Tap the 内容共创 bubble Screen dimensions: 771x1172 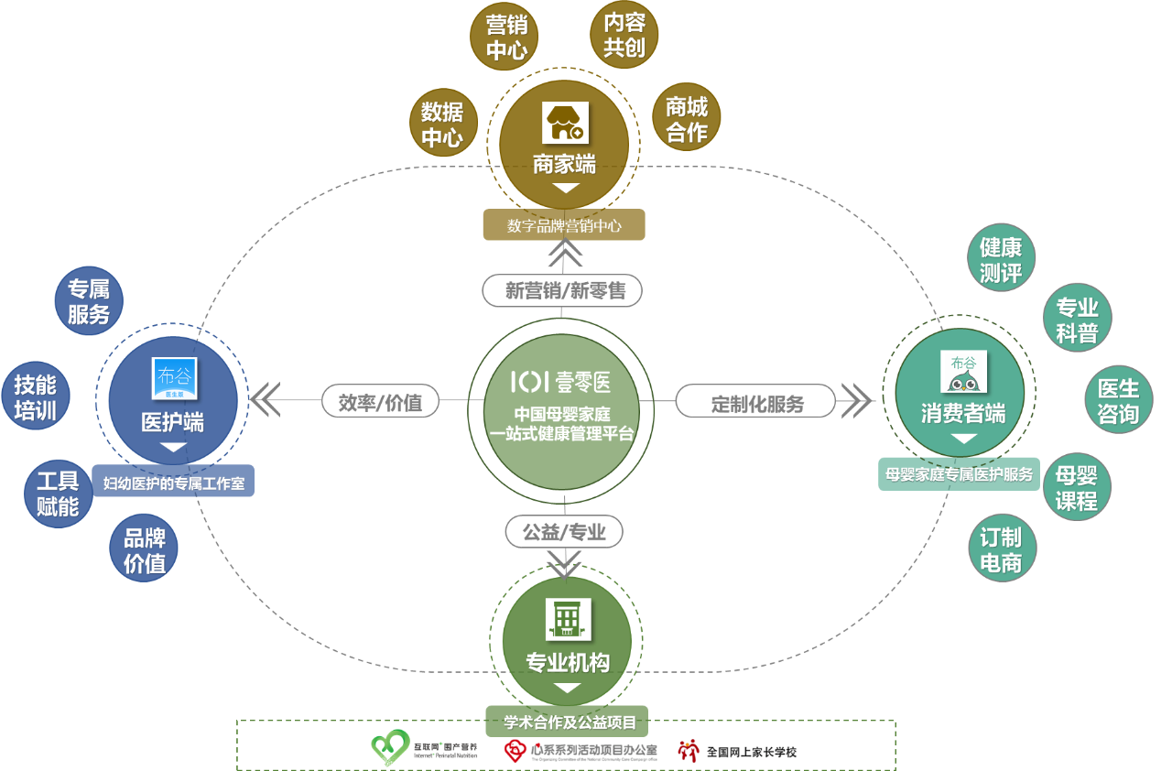(624, 35)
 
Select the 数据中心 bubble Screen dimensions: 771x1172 (442, 125)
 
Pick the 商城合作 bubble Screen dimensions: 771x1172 (687, 119)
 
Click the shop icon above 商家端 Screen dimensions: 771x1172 (565, 123)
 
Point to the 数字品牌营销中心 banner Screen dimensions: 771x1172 (564, 225)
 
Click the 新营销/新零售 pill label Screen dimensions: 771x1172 (562, 290)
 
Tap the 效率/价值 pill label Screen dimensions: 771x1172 (381, 401)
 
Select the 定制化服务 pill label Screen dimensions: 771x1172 (756, 402)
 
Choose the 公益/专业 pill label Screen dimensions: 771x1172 (564, 531)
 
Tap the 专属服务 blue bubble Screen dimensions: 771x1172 (88, 301)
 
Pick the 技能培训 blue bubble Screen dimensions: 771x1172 (36, 396)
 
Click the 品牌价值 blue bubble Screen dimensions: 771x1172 (145, 550)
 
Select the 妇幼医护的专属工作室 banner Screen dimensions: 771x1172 (174, 483)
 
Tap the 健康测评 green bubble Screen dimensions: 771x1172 (1001, 259)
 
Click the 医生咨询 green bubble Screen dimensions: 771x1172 (1118, 400)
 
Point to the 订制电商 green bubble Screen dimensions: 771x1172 (1001, 549)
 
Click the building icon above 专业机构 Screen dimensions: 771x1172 (567, 618)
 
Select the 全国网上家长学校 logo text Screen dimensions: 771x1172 (751, 752)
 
